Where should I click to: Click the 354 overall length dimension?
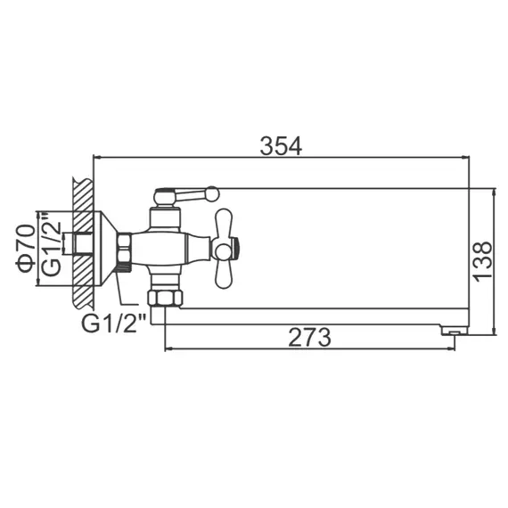click(x=281, y=144)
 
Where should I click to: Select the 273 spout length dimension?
click(x=309, y=338)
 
